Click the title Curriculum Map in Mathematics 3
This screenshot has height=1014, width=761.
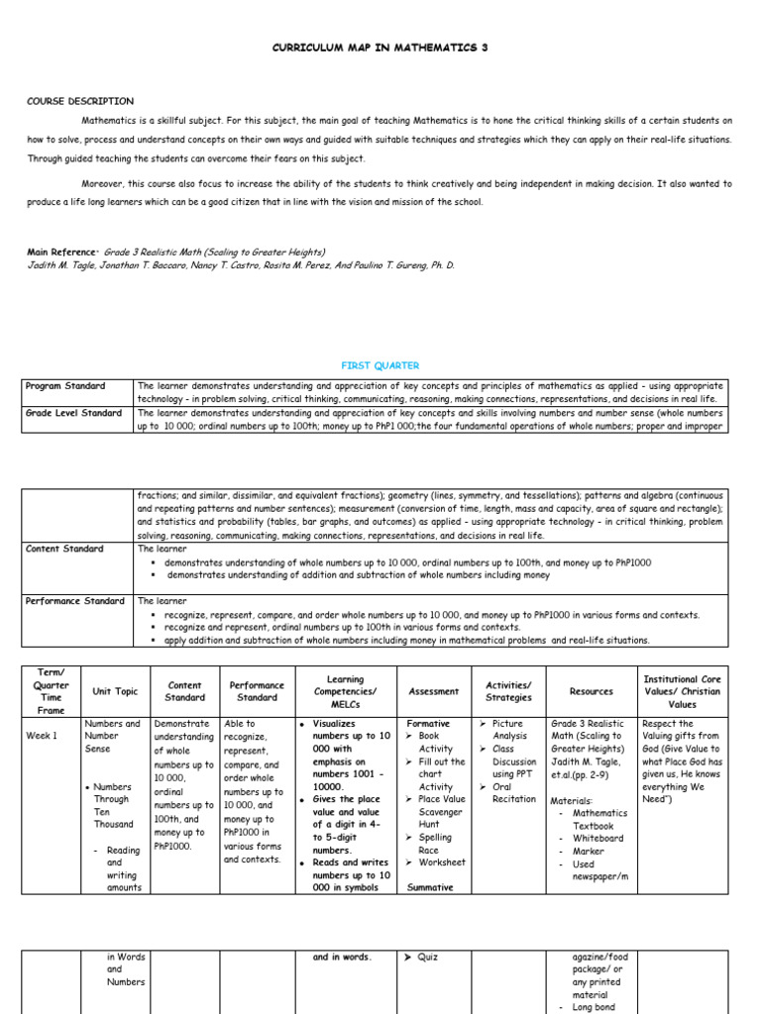tap(380, 48)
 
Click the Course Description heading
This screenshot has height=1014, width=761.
tap(80, 101)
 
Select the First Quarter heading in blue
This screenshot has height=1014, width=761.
tap(380, 365)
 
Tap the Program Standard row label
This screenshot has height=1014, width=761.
tap(65, 386)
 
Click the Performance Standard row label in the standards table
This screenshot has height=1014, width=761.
tap(75, 601)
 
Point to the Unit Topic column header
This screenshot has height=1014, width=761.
tap(115, 691)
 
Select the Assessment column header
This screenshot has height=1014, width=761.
tap(434, 691)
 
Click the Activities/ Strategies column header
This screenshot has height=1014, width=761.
tap(508, 691)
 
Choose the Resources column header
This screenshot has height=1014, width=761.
tap(592, 691)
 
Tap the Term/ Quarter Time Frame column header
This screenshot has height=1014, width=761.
tap(52, 691)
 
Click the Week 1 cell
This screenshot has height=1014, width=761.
tap(42, 736)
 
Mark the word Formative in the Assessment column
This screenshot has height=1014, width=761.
tap(428, 724)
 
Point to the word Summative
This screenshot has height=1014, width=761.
tap(430, 887)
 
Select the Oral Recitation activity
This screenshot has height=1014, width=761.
tap(513, 793)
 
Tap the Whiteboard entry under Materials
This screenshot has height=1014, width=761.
tap(599, 838)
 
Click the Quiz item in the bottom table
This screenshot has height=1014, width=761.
tap(427, 958)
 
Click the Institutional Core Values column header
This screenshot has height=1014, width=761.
tap(683, 691)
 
